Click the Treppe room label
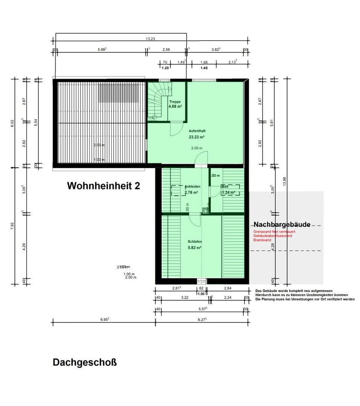(175, 102)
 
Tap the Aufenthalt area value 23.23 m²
(197, 137)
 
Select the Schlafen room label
(195, 242)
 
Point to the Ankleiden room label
(192, 186)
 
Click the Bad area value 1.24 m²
(228, 192)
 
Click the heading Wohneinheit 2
(103, 186)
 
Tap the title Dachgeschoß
(85, 363)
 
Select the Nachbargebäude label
(282, 224)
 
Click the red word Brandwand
(262, 240)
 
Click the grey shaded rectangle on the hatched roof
(118, 93)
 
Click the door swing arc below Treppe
(176, 129)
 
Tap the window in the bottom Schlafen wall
(202, 281)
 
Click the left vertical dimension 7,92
(13, 226)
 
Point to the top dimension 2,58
(166, 49)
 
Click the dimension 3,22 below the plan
(184, 297)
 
